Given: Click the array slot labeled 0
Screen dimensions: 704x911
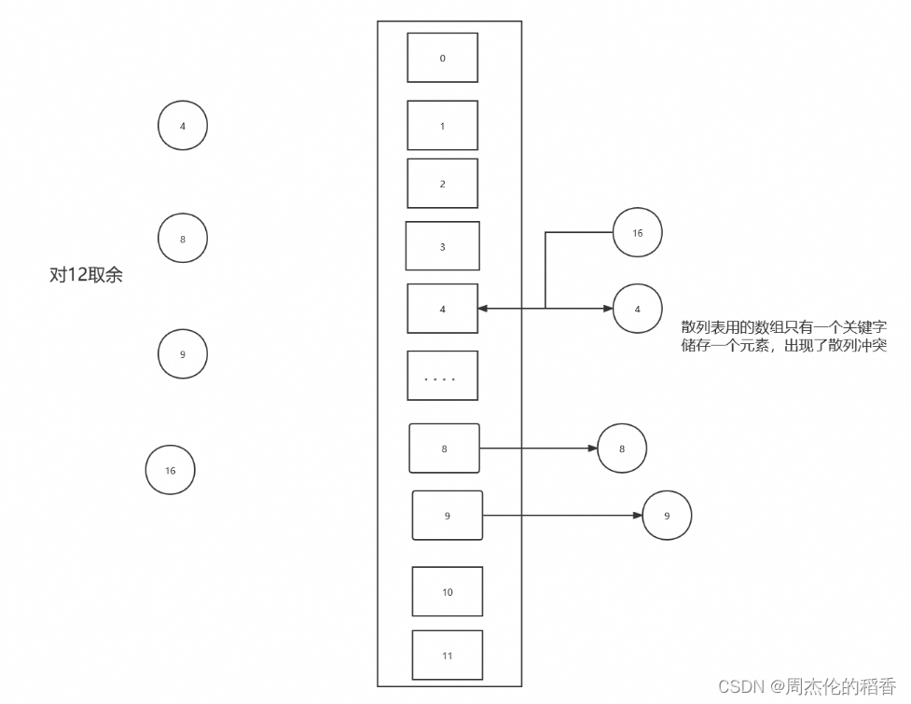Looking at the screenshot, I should [x=442, y=58].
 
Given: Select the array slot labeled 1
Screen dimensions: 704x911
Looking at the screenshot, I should [x=442, y=126].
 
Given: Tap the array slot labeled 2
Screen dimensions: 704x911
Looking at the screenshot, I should [x=442, y=184].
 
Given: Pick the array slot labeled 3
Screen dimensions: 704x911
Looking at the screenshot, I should [x=442, y=246].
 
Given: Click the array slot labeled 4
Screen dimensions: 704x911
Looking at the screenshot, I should [x=442, y=309].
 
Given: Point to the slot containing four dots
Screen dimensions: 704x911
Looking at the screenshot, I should [x=442, y=376].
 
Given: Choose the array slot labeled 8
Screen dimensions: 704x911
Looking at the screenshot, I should [x=444, y=449].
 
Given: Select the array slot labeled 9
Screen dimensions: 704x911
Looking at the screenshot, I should [x=447, y=516].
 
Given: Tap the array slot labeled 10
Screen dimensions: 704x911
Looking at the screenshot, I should [x=447, y=592].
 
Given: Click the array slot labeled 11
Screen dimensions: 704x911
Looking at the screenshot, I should [x=447, y=656].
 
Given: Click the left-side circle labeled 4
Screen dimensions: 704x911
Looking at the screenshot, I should [x=182, y=126].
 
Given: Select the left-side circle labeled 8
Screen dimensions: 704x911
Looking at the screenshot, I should [x=182, y=239].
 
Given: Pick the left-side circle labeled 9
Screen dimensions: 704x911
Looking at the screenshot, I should [x=182, y=354].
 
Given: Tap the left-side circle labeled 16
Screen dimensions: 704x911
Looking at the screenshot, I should [x=170, y=471].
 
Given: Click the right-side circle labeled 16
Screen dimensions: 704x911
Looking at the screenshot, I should [x=637, y=233].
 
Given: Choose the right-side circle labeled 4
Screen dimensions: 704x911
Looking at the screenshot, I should [x=637, y=309].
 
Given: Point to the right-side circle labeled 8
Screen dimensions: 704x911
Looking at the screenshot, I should [x=622, y=449].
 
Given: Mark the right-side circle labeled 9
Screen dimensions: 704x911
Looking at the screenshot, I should [x=667, y=515].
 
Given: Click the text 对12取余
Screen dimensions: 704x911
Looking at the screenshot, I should [x=86, y=276].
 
